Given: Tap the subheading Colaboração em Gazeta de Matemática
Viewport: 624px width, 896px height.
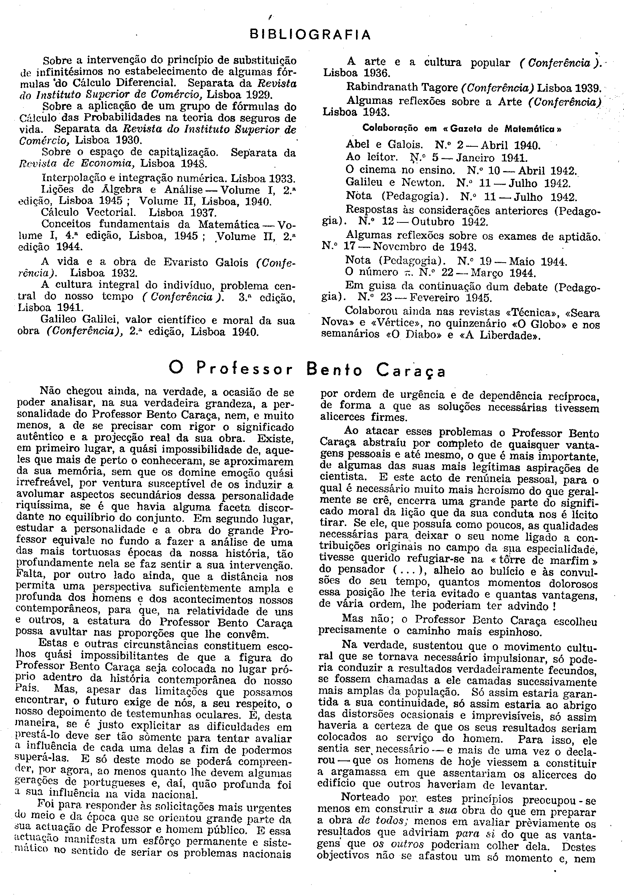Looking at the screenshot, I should [462, 128].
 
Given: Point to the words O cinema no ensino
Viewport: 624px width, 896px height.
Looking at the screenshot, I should [400, 170].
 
